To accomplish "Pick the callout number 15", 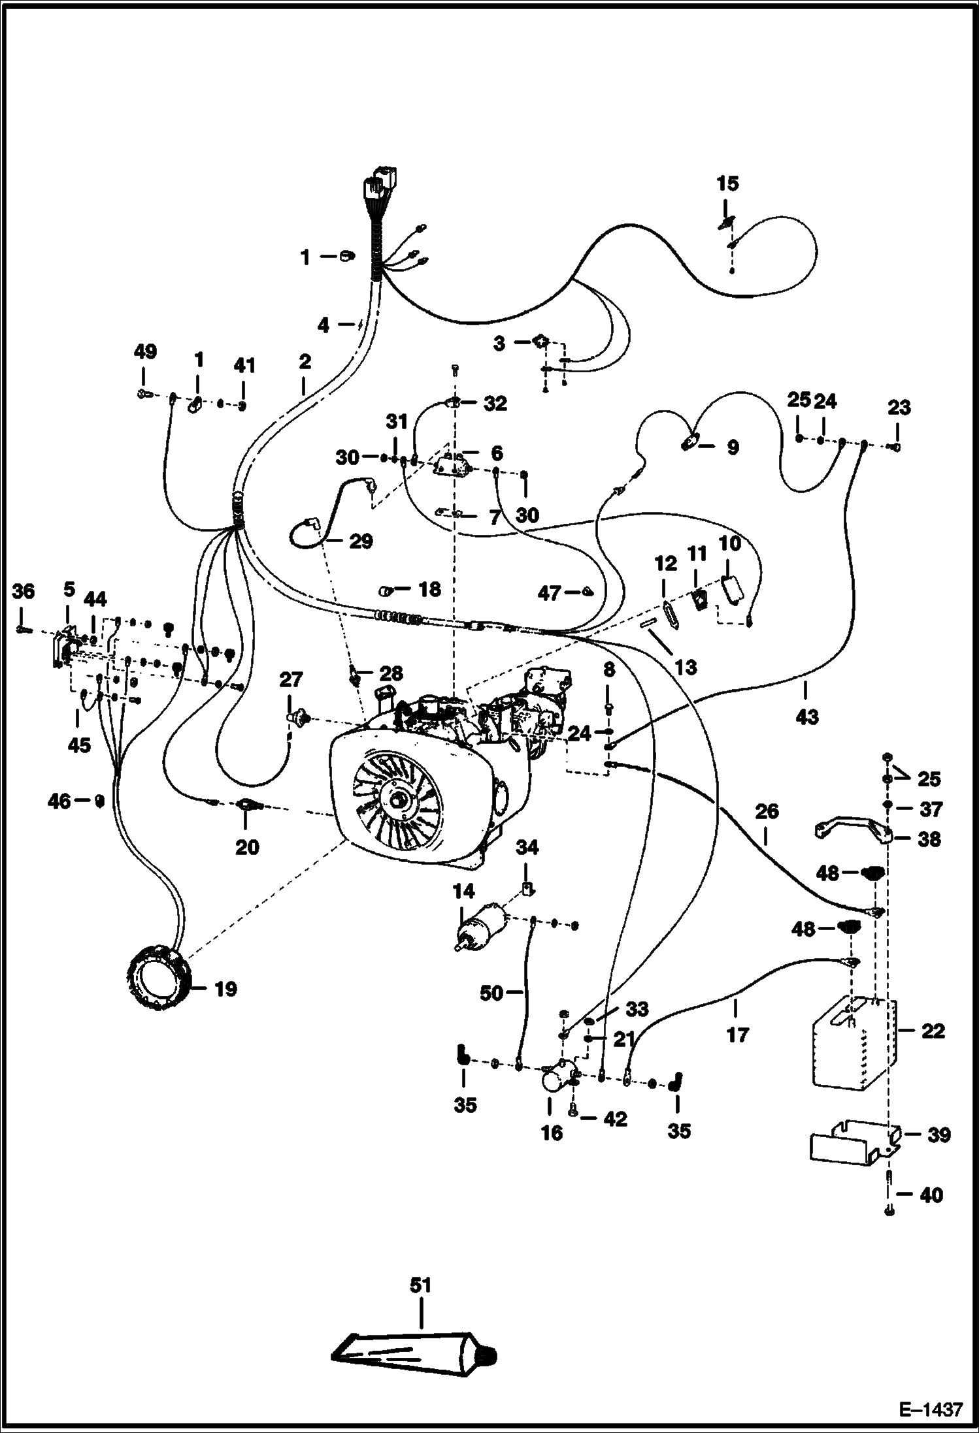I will click(x=727, y=184).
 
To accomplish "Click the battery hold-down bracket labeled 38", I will click(x=853, y=831).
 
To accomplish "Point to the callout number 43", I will click(x=807, y=717).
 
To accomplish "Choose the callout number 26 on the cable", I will click(x=767, y=811).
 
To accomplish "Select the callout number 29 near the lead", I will click(x=360, y=541).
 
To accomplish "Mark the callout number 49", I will click(x=145, y=352).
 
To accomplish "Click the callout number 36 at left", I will click(x=24, y=592).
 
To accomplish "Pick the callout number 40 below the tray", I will click(x=931, y=1195).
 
